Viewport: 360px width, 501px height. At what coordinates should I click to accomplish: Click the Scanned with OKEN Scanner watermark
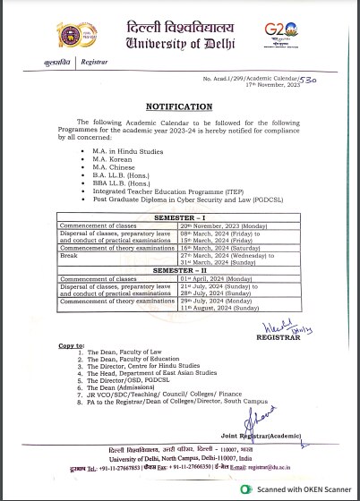(x=300, y=488)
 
